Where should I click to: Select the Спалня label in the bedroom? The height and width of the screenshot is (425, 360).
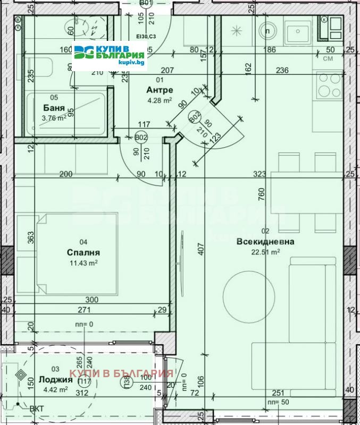point(83,252)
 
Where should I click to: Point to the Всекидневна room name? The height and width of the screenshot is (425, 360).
point(265,242)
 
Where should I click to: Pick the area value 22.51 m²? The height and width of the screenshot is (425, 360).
point(266,252)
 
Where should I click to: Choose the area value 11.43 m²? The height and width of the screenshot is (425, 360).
point(84,262)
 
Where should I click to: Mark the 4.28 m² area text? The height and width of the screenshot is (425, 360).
point(159,100)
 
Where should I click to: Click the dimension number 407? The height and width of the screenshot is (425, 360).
point(201,250)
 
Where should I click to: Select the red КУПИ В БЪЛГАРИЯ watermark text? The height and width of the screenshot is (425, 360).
point(122,374)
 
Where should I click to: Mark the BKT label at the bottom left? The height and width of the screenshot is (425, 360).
point(37,409)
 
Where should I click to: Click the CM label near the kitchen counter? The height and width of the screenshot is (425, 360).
point(328,59)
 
